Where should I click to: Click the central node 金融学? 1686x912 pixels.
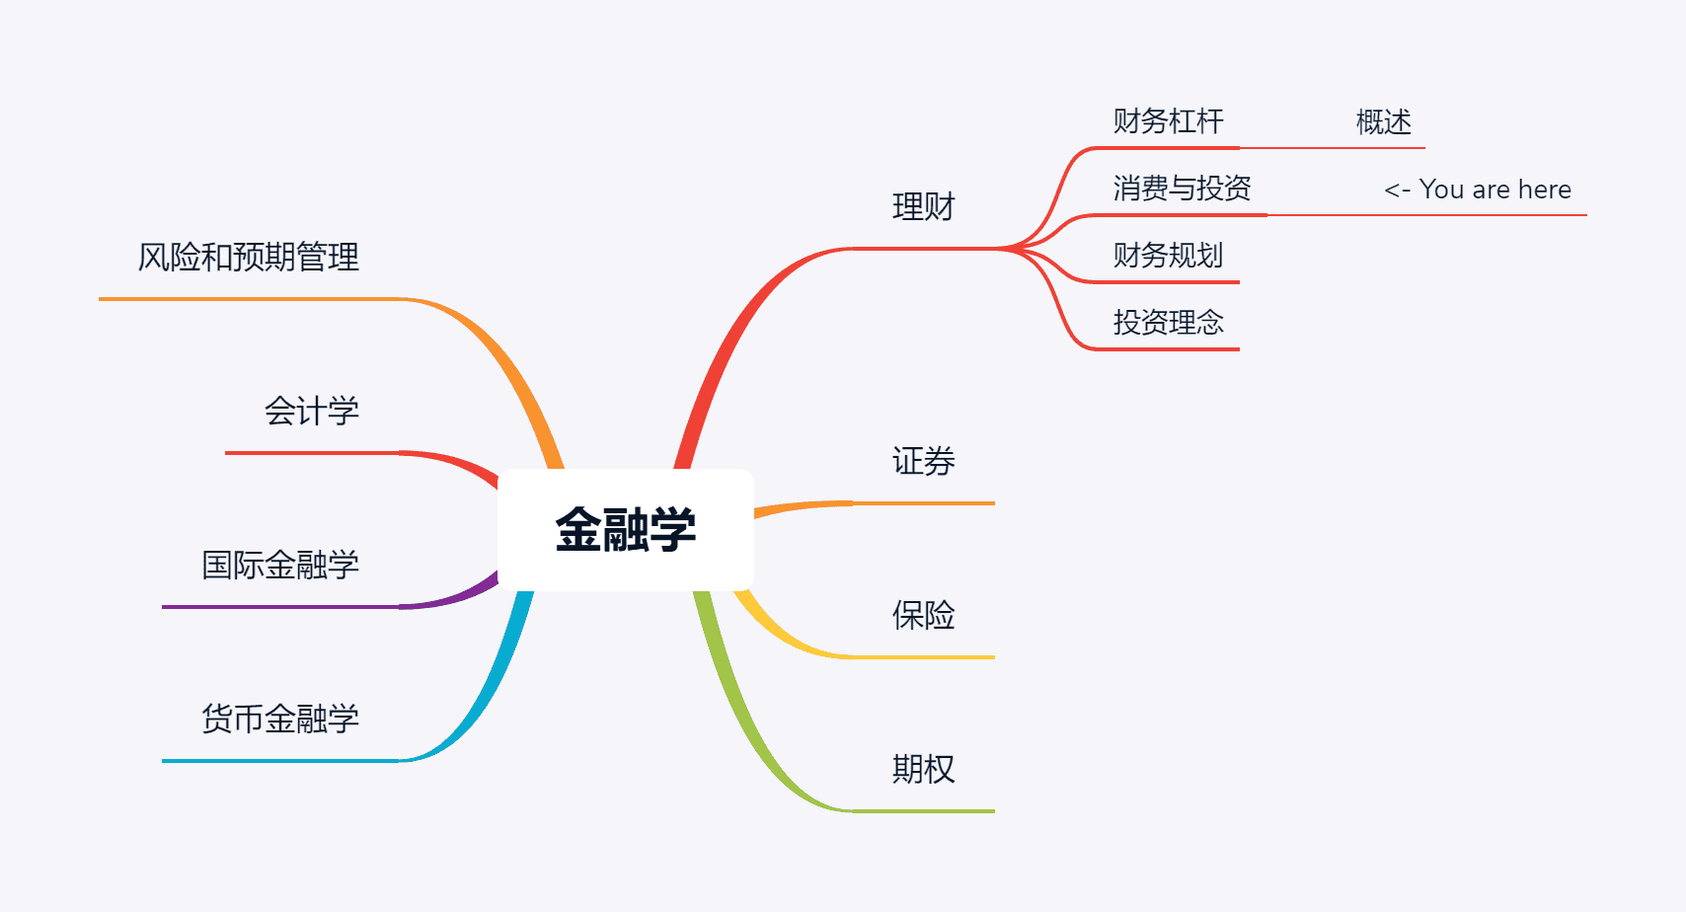coord(626,530)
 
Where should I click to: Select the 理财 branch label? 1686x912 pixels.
coord(923,207)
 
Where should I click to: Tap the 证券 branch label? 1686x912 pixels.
coord(923,461)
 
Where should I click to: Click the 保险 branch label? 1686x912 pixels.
coord(923,615)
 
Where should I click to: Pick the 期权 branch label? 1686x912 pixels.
coord(923,769)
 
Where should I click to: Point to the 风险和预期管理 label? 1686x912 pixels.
coord(248,258)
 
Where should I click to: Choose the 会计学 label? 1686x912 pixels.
coord(311,411)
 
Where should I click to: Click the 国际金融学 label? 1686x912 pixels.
coord(280,565)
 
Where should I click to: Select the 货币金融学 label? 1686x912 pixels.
coord(280,719)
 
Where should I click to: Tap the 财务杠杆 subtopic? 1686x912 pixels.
coord(1168,121)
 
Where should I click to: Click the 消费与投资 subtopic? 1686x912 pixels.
coord(1182,189)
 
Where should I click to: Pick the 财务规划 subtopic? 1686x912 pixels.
coord(1168,256)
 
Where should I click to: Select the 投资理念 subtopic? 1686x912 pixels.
coord(1168,323)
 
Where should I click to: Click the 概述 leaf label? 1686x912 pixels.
coord(1383,122)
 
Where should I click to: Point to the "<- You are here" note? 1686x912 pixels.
coord(1477,190)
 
